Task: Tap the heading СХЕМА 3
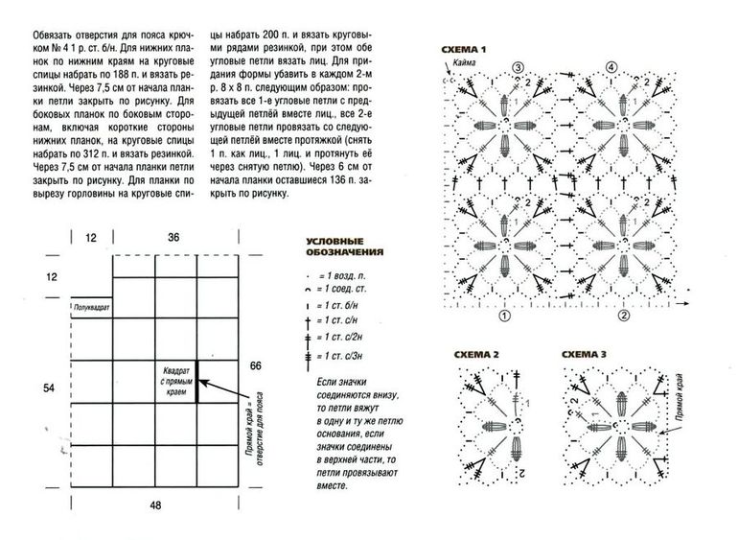coord(583,355)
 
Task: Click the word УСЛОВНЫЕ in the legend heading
coord(333,241)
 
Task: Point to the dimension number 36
coord(173,237)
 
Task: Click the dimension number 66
coord(255,366)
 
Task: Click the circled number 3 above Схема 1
coord(517,67)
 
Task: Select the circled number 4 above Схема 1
coord(611,67)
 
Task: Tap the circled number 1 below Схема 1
coord(504,315)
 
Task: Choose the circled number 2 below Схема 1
coord(623,315)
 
